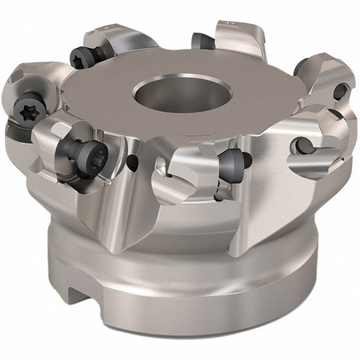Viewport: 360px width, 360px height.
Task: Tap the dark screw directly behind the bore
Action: point(199,41)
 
